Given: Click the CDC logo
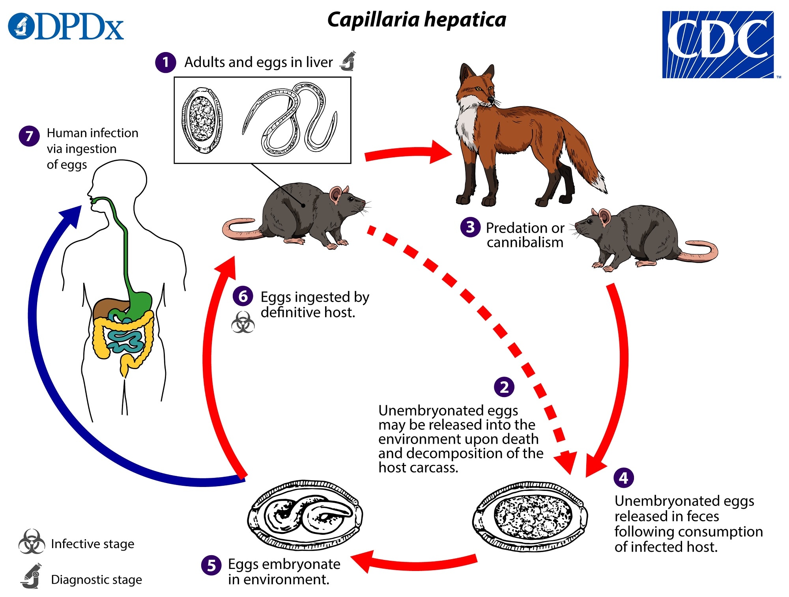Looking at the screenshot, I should (718, 45).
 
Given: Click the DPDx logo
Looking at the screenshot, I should (66, 27).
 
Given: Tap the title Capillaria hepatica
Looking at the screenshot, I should (417, 20).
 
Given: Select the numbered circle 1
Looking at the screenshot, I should (165, 62).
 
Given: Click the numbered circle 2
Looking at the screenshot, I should (504, 387).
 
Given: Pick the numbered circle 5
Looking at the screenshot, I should (211, 565).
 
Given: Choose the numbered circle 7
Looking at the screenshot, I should (29, 136).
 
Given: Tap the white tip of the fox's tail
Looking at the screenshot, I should (600, 184).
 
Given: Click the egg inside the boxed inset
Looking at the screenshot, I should (202, 120).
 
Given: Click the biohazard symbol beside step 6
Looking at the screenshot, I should (243, 323).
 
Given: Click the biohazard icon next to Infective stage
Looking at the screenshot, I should (32, 542).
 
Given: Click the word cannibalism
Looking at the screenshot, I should (525, 243).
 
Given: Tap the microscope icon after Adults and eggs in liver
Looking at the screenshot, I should (348, 61).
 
